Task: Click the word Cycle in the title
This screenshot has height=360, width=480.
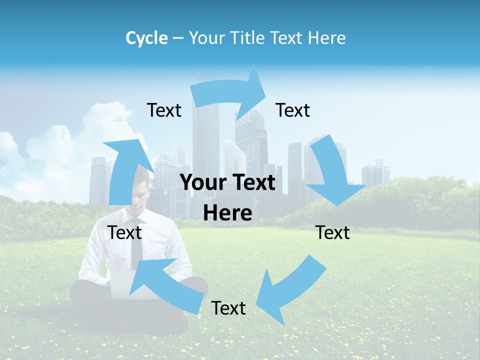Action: click(x=146, y=38)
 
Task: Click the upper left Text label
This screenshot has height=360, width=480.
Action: click(x=164, y=110)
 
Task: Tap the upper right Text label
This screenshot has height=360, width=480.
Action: click(x=293, y=110)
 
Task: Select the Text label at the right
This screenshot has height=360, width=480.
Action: click(x=332, y=232)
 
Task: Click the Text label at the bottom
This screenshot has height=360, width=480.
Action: click(x=228, y=308)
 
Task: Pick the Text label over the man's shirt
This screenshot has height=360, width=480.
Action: click(x=124, y=232)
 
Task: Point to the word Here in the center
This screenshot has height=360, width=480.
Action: click(x=227, y=213)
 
